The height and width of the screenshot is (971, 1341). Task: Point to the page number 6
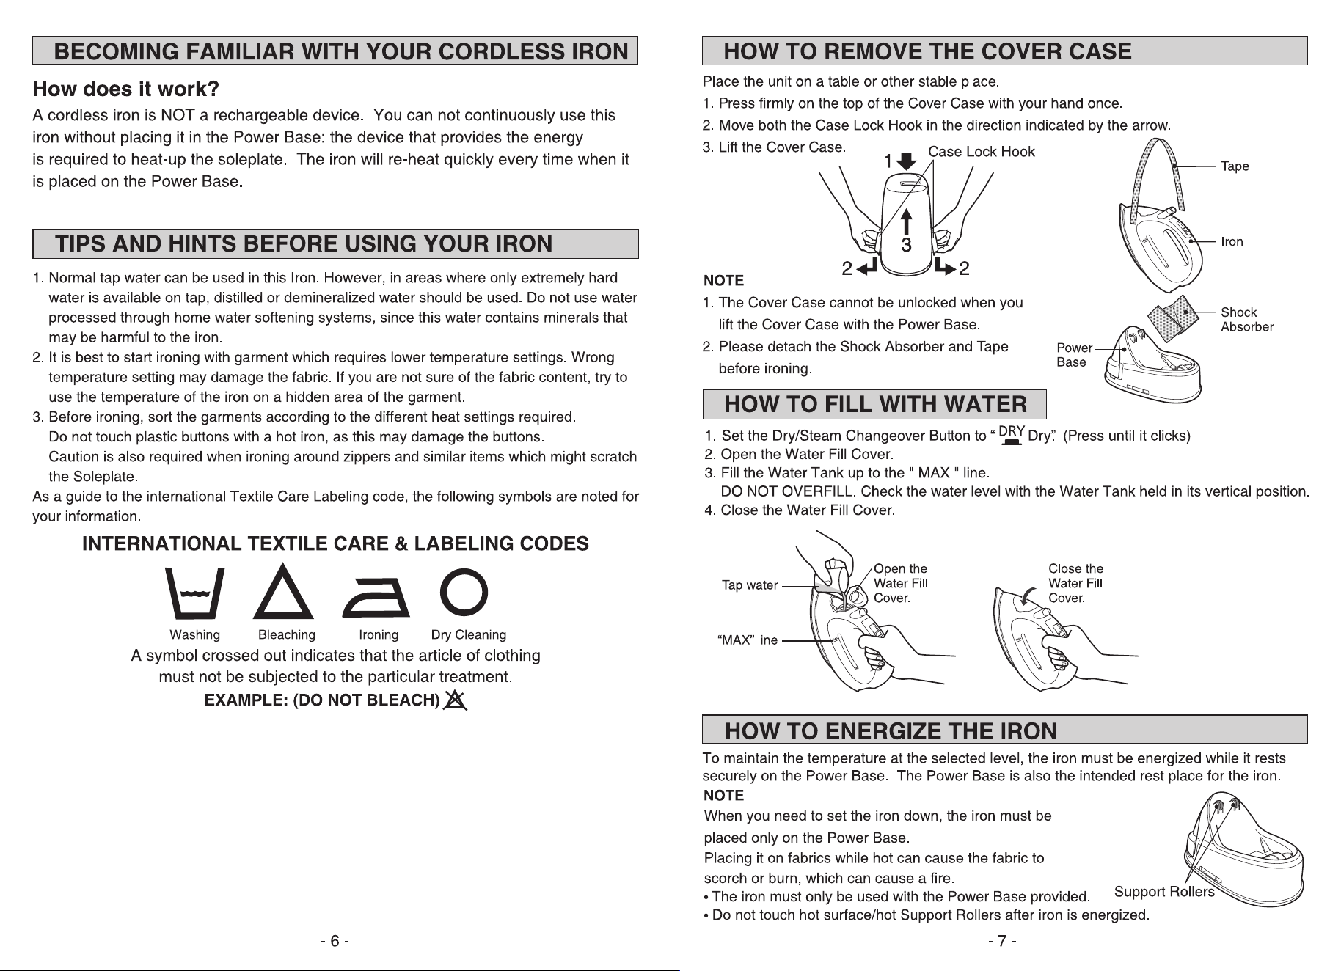[335, 941]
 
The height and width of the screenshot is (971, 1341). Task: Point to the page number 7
[1002, 941]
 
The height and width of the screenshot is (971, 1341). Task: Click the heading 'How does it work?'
[126, 89]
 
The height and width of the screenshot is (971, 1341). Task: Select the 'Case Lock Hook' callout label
[982, 152]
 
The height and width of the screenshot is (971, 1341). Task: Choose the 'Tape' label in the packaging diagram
[1235, 166]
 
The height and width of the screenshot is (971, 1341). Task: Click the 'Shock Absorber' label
[1247, 320]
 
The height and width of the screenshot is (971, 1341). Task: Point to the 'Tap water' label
[750, 585]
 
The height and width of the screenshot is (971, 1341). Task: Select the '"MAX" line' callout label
[747, 640]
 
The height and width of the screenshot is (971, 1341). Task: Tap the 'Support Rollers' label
[1164, 892]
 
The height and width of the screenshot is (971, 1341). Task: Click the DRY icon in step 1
[1012, 434]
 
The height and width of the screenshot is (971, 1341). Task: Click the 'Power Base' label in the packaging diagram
[1074, 355]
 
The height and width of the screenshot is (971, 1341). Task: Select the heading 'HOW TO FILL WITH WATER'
[875, 404]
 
